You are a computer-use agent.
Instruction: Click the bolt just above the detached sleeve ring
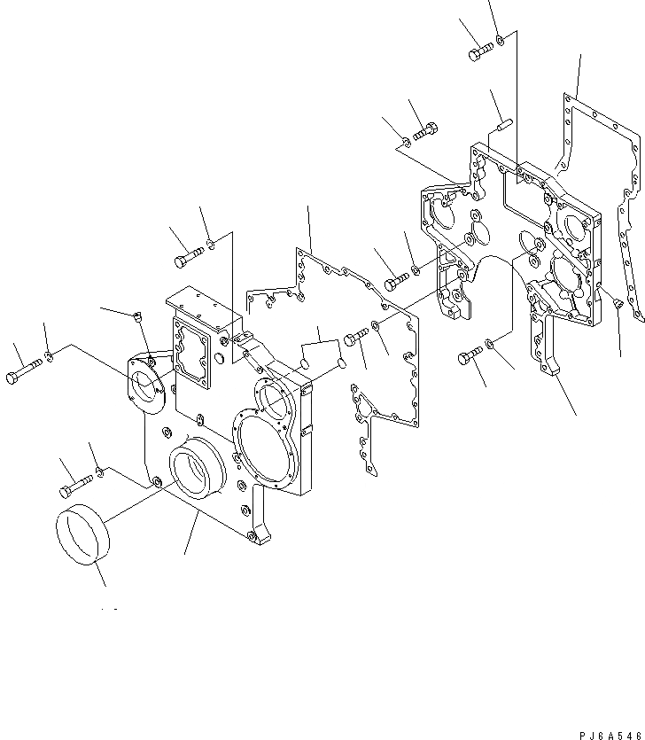(77, 485)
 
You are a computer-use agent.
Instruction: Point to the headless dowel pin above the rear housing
(500, 124)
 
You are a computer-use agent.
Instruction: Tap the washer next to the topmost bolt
(501, 39)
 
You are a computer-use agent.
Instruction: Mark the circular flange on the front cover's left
(144, 383)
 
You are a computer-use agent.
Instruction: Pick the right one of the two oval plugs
(341, 362)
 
